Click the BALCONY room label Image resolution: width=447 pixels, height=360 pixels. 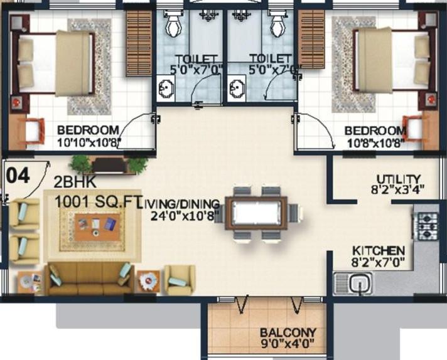288,332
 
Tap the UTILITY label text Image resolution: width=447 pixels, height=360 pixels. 398,179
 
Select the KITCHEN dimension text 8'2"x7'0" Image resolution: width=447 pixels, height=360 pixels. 378,262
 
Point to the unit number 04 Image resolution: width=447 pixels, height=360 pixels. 18,175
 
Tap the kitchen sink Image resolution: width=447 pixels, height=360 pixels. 353,283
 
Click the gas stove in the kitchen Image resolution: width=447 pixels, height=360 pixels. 426,225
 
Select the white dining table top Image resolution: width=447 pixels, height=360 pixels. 256,213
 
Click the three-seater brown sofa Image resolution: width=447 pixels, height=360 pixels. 90,278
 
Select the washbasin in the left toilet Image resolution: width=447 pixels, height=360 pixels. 166,88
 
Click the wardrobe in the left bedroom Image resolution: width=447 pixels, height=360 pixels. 138,43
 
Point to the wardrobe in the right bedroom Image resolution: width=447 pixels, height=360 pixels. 311,40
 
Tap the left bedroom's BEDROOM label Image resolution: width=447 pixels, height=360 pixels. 88,130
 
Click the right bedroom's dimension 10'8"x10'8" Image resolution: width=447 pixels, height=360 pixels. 375,143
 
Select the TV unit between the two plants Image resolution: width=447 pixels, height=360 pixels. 109,164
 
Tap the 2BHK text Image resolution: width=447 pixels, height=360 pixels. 75,183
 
